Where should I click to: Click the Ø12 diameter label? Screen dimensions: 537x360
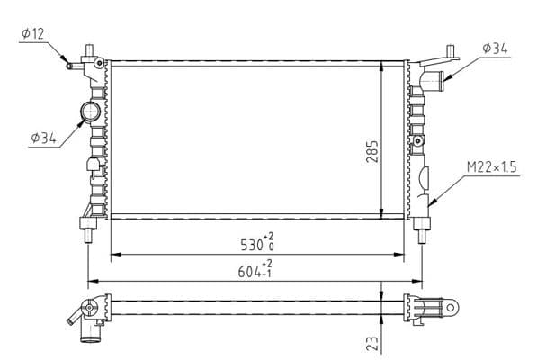click(x=33, y=34)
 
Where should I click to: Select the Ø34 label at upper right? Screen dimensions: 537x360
click(x=495, y=49)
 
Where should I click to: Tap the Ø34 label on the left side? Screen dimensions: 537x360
click(x=43, y=138)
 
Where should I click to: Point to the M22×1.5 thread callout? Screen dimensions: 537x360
click(x=491, y=167)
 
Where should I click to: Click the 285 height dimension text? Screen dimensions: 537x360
click(x=371, y=151)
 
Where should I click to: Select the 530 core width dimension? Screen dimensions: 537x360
click(x=257, y=242)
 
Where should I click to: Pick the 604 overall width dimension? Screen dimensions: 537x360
click(x=255, y=269)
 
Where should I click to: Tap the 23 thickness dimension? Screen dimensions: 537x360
click(x=372, y=344)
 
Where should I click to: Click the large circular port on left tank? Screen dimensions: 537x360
click(x=91, y=112)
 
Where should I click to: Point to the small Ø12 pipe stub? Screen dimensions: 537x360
click(x=75, y=66)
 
